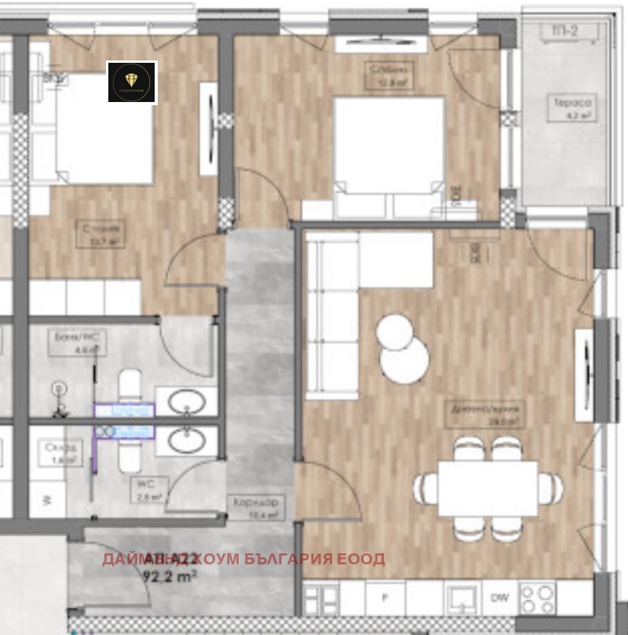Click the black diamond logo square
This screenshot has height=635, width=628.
coord(132,82)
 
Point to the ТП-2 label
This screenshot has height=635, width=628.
coord(564,31)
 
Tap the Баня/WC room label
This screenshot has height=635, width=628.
coord(77,343)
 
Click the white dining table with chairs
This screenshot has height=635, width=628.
coord(488,488)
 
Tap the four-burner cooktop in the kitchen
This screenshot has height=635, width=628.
coord(537,597)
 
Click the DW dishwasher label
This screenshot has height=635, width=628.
coord(499,598)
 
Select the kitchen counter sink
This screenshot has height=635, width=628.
coord(463,598)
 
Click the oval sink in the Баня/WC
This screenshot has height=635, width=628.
coord(187,400)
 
